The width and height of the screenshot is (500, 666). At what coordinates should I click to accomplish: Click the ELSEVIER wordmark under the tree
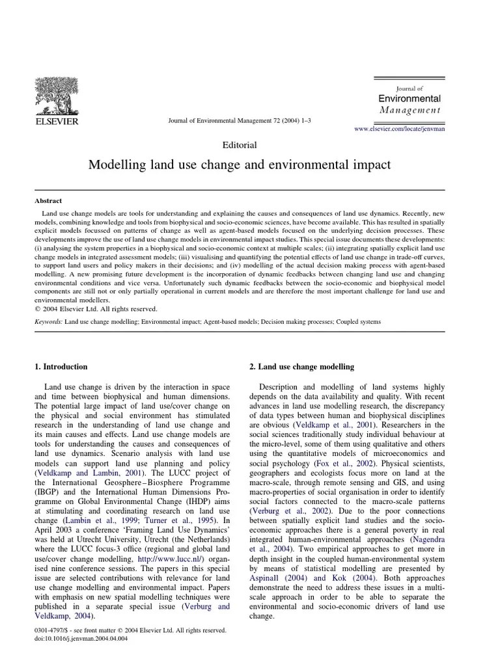click(x=57, y=122)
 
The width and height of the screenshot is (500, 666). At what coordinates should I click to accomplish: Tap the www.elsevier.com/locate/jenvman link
click(x=399, y=130)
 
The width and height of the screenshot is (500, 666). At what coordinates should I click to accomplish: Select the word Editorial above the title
click(x=239, y=145)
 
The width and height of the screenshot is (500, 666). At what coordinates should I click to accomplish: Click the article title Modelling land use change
click(x=239, y=165)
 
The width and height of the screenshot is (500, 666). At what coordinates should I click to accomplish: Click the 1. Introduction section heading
click(x=61, y=367)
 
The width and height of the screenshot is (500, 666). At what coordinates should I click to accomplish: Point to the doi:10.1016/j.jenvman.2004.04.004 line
click(x=81, y=639)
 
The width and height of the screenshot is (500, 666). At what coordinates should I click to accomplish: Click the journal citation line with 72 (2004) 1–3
click(x=239, y=122)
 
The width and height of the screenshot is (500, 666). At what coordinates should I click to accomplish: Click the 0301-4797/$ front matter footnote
click(x=130, y=630)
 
